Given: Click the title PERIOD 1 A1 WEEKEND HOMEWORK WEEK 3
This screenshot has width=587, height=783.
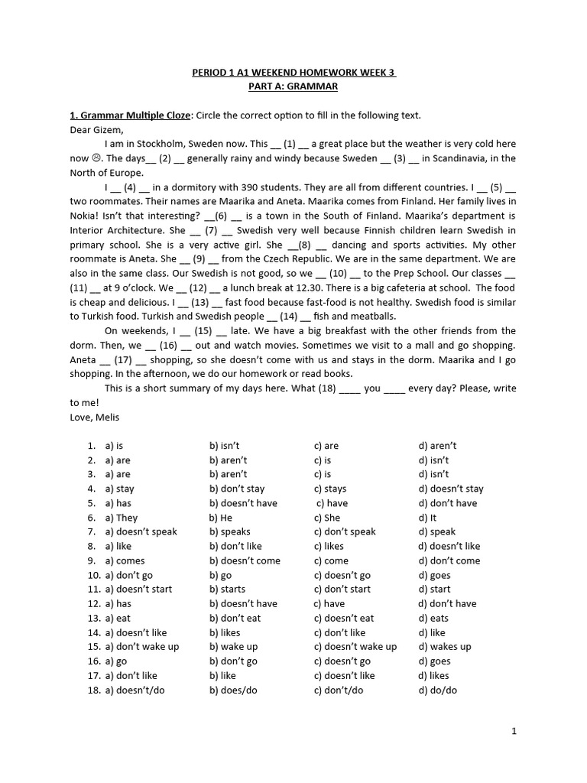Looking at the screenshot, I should pyautogui.click(x=293, y=73).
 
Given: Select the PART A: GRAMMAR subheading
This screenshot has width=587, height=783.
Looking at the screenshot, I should pyautogui.click(x=293, y=86).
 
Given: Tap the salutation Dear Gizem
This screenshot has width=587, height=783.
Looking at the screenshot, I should pyautogui.click(x=96, y=130).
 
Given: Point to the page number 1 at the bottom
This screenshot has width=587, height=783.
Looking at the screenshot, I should pyautogui.click(x=514, y=731).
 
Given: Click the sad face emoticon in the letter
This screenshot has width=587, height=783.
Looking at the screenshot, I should pyautogui.click(x=96, y=159).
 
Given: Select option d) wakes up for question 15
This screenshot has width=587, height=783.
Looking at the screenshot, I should pyautogui.click(x=445, y=647).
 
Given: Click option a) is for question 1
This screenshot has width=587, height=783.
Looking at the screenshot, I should pyautogui.click(x=114, y=446).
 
